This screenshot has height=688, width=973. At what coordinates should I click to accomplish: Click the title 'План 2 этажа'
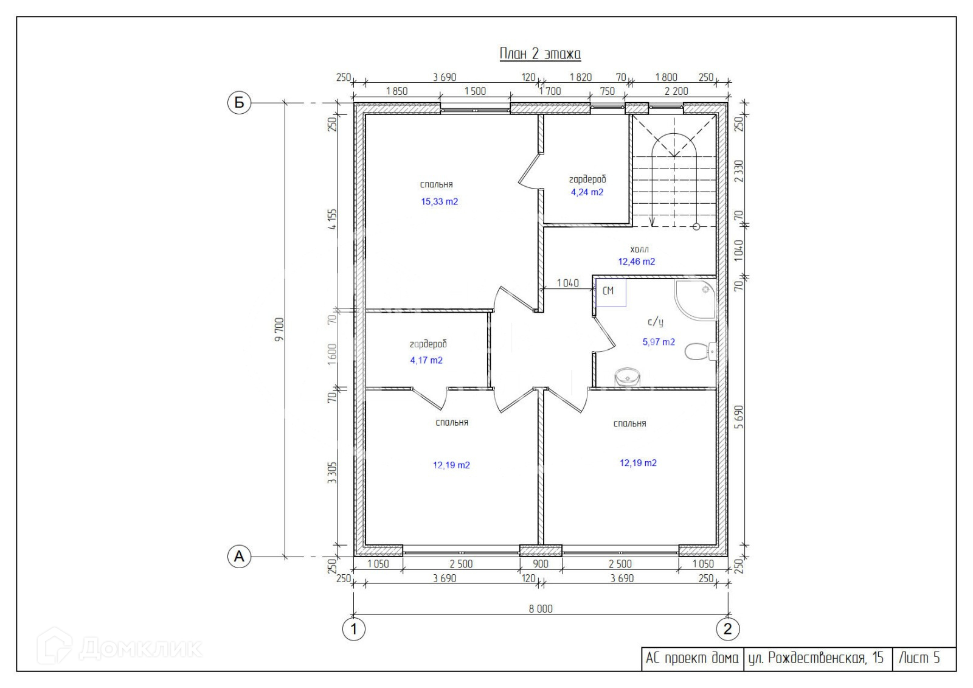click(x=540, y=54)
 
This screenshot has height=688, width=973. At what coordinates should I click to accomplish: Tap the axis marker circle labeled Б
click(x=240, y=103)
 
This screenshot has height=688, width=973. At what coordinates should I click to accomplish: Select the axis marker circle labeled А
click(x=240, y=557)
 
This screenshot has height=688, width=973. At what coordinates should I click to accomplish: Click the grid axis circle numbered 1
click(x=353, y=629)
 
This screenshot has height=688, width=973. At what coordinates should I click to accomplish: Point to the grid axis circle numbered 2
click(x=727, y=629)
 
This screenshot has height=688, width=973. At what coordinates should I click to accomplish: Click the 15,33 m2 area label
click(x=439, y=202)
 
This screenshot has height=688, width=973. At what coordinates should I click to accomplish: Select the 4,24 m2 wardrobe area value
click(x=587, y=192)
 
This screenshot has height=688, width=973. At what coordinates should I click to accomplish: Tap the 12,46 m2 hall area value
click(x=636, y=261)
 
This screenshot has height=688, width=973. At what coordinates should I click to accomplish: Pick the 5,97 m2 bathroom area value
click(x=659, y=342)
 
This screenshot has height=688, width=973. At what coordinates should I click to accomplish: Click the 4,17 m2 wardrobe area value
click(x=426, y=360)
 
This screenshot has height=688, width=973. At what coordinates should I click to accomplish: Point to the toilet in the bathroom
click(x=700, y=351)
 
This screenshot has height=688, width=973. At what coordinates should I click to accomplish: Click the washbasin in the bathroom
click(x=628, y=377)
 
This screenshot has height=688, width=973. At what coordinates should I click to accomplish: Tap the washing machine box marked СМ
click(x=611, y=292)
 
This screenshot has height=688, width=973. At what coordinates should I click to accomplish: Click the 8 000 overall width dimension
click(x=541, y=608)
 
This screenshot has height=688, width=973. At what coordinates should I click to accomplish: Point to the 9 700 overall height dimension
click(x=279, y=330)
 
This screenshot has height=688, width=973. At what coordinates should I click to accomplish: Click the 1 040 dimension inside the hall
click(x=568, y=283)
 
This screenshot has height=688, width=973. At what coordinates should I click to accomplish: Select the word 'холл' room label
click(x=639, y=249)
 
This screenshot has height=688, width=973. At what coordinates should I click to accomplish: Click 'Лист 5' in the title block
click(x=919, y=658)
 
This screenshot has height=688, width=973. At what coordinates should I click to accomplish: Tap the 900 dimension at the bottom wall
click(x=541, y=564)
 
